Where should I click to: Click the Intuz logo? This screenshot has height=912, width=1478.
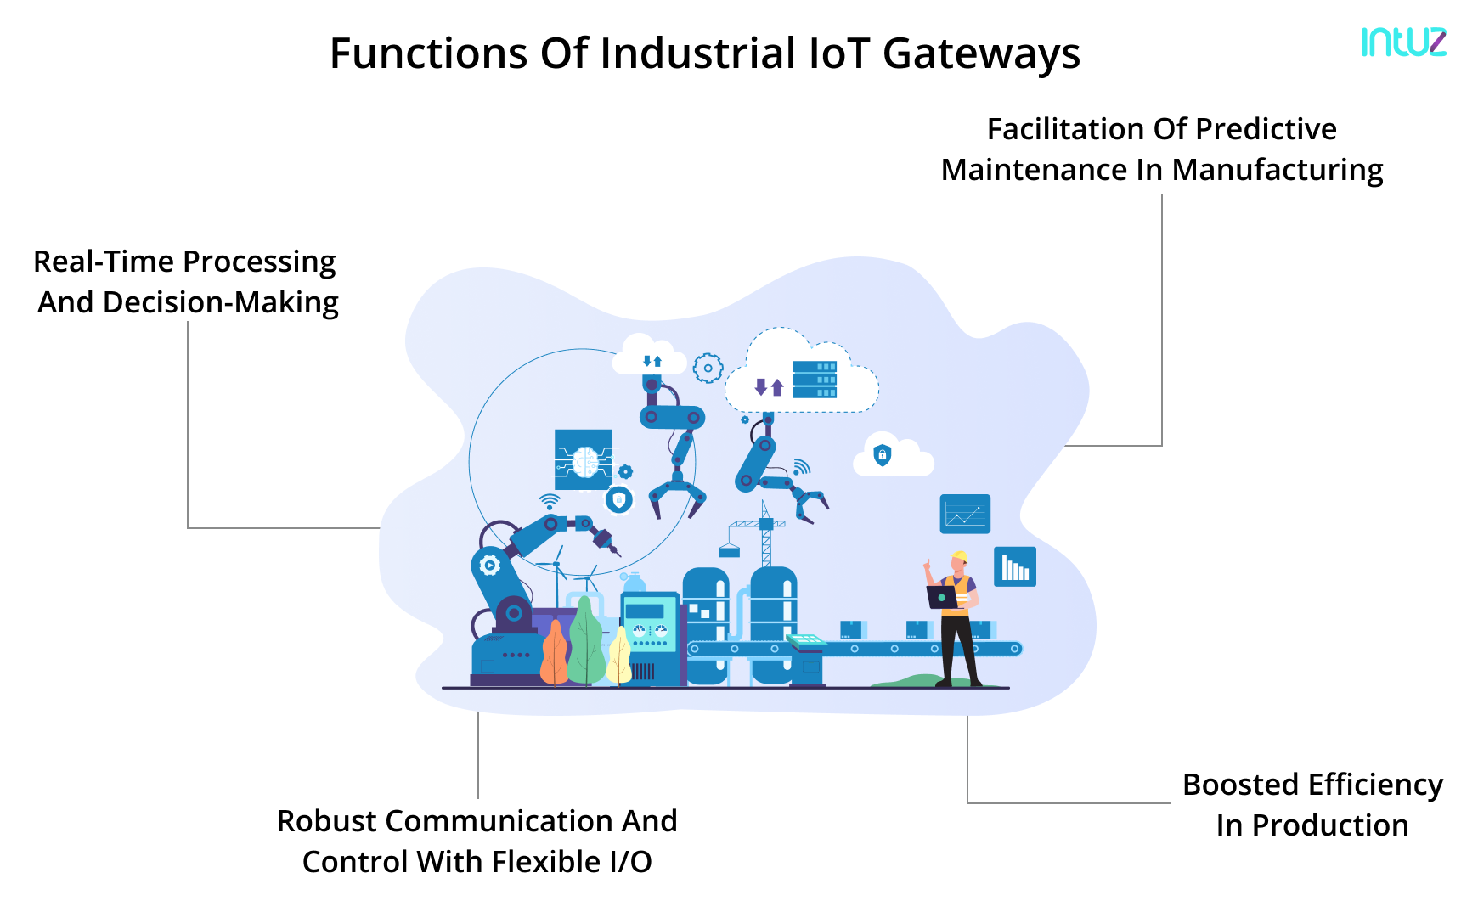1403,42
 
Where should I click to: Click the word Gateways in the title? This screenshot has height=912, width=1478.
981,54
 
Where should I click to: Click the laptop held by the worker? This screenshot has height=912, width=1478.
941,597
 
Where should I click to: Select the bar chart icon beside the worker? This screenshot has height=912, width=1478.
1014,566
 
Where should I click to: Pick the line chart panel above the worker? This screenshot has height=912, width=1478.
965,514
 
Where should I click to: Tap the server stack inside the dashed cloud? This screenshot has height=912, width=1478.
815,380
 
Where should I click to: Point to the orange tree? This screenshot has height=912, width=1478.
554,654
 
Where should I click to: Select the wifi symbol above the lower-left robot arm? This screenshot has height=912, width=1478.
550,501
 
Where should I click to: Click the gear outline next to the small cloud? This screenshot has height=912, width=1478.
708,369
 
